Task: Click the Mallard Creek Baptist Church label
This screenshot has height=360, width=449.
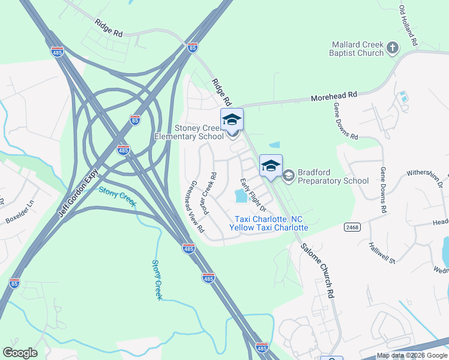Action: (358, 49)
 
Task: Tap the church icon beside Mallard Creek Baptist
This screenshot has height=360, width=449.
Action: (393, 47)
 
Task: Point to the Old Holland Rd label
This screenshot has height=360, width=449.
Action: (408, 26)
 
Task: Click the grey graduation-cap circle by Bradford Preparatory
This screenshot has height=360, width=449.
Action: (288, 175)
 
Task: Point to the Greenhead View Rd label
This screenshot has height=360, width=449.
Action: (197, 206)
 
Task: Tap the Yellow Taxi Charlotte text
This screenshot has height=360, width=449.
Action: (269, 227)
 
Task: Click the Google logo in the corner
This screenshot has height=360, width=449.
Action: (20, 353)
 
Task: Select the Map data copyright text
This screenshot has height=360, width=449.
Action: (412, 356)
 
